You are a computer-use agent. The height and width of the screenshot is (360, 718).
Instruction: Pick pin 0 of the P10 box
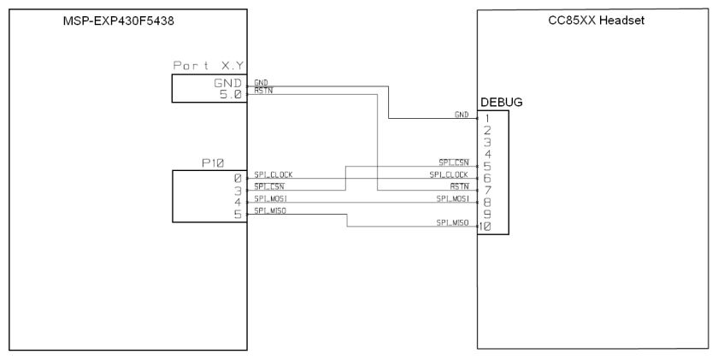point(238,176)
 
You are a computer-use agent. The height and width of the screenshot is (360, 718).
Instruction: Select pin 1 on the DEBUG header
point(486,119)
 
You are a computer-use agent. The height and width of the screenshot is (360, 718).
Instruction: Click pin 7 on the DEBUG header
point(486,190)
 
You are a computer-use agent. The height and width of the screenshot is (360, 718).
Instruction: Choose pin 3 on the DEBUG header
point(486,142)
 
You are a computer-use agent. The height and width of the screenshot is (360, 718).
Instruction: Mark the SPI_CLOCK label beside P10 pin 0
point(274,174)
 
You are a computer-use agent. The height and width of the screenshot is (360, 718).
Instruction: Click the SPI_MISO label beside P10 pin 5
point(269,210)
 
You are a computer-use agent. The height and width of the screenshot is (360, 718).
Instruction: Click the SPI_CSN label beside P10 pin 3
point(268,186)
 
